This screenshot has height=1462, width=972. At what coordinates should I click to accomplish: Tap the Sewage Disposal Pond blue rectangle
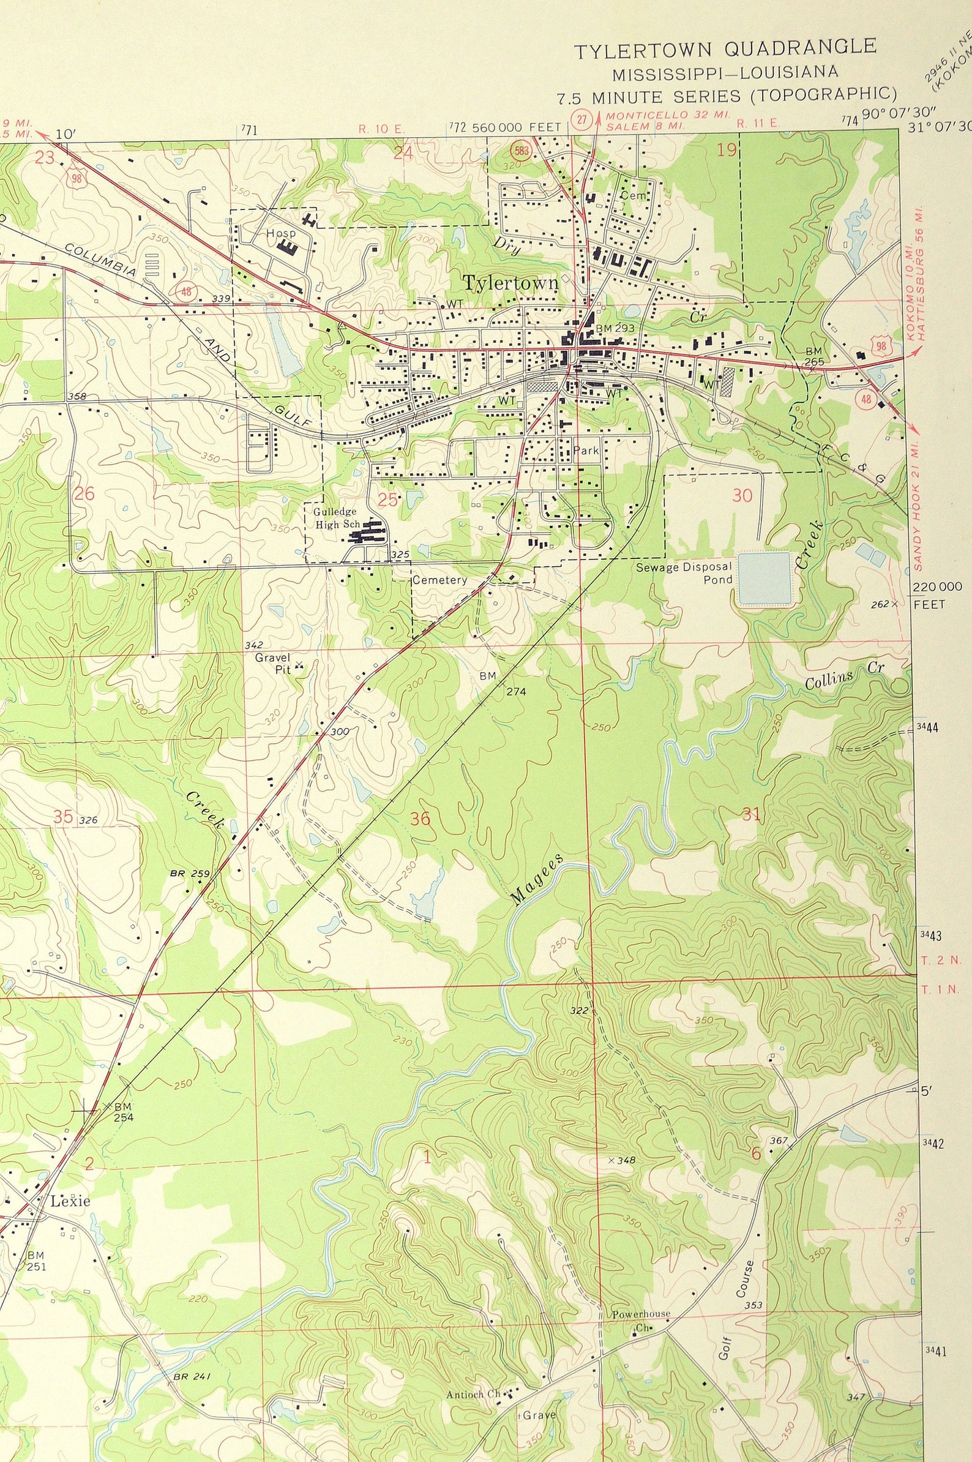click(765, 578)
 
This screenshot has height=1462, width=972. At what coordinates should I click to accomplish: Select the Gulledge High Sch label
click(336, 518)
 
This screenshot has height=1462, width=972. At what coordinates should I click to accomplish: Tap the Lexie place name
click(70, 1201)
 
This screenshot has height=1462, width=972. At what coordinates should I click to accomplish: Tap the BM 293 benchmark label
click(615, 328)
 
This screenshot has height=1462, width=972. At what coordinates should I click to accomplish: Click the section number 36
click(421, 819)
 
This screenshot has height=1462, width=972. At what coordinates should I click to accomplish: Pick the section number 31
click(750, 814)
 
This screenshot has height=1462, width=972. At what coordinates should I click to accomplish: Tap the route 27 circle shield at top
click(581, 119)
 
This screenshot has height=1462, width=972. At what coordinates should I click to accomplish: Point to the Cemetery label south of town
click(439, 580)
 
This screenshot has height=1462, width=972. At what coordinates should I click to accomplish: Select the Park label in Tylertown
click(586, 451)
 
